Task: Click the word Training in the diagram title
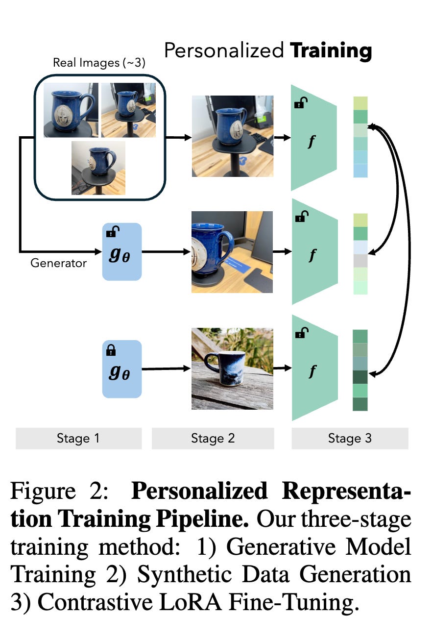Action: [x=331, y=50]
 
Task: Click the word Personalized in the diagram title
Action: [x=224, y=50]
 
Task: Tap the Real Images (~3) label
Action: [x=99, y=63]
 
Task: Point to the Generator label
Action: [x=58, y=263]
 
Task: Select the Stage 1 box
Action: [x=78, y=438]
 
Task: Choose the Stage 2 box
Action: [x=213, y=438]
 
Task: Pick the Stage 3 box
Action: [x=350, y=438]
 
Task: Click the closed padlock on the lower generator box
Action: [x=111, y=350]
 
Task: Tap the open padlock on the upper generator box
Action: [x=112, y=233]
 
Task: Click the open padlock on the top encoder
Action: [x=300, y=103]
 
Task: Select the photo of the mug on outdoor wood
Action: [x=232, y=369]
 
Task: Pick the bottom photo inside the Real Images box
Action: [x=98, y=168]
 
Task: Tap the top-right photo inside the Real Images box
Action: [x=128, y=110]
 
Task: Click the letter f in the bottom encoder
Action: [x=312, y=371]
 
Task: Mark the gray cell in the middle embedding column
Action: [x=360, y=261]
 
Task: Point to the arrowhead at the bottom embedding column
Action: [x=372, y=374]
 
